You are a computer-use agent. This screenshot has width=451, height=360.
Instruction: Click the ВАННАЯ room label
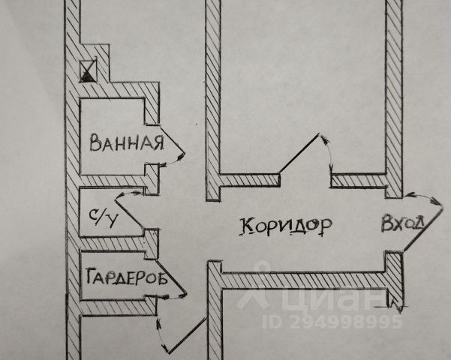point(127,142)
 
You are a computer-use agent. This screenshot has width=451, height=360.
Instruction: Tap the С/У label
point(104,217)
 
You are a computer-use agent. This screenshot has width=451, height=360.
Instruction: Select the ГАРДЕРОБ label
point(127,277)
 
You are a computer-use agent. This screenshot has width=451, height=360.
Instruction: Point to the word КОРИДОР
point(286,226)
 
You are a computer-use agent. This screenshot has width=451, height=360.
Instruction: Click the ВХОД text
point(403,223)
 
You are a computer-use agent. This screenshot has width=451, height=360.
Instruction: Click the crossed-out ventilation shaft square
point(88,70)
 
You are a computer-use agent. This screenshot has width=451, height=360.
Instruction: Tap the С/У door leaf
point(129,214)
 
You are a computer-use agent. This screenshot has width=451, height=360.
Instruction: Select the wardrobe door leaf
point(171,277)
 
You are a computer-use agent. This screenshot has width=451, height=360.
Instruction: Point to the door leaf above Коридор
point(299,152)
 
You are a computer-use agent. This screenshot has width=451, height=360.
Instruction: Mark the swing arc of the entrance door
point(422,198)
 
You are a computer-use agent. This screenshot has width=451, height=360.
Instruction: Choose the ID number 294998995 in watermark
point(332,322)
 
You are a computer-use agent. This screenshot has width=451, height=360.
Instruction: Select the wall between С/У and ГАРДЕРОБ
point(119,244)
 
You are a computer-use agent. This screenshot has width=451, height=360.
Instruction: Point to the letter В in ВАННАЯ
point(95,143)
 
